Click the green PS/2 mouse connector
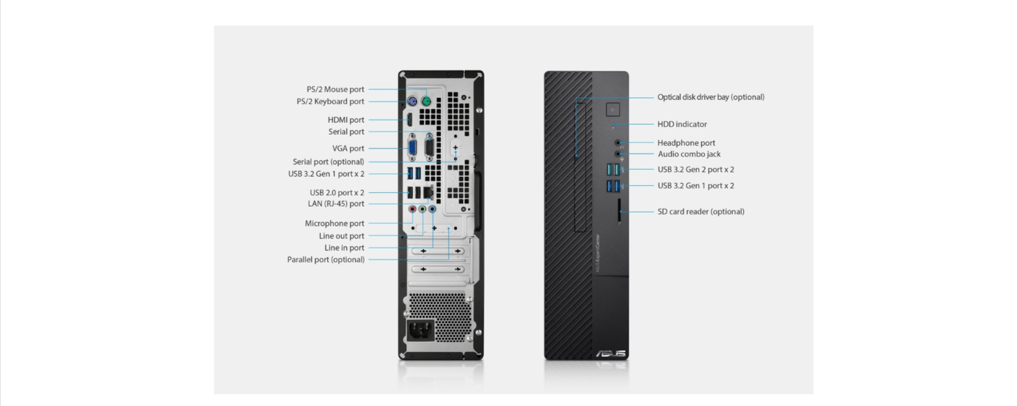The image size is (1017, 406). click(x=426, y=102)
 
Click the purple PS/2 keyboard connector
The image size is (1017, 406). click(x=412, y=102)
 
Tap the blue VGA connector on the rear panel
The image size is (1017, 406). click(x=412, y=149)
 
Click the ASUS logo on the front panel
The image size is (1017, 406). click(x=611, y=354)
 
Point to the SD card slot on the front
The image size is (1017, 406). click(x=619, y=211)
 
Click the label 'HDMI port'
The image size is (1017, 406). click(x=346, y=120)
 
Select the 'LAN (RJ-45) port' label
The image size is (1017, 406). click(x=336, y=204)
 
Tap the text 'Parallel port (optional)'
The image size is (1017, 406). click(x=326, y=260)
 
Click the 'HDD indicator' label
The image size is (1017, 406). click(x=682, y=124)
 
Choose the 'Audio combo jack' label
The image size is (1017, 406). click(x=689, y=154)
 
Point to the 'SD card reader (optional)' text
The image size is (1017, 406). click(x=701, y=212)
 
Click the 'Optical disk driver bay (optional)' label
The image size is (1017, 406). click(x=711, y=97)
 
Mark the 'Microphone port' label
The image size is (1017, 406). click(x=334, y=223)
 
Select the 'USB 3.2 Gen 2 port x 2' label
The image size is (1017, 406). click(x=696, y=170)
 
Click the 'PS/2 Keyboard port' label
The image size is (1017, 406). click(x=330, y=102)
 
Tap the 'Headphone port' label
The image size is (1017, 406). click(x=686, y=143)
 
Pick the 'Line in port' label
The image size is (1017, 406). click(x=344, y=248)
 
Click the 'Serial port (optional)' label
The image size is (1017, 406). click(x=328, y=162)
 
